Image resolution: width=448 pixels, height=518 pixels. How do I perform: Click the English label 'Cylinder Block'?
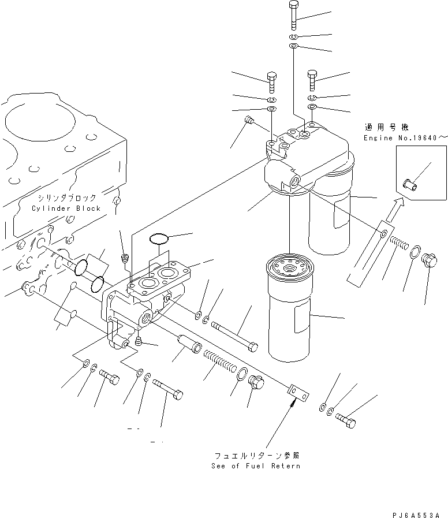[x=66, y=208]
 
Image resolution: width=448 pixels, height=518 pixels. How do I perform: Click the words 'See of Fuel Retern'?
[x=255, y=465]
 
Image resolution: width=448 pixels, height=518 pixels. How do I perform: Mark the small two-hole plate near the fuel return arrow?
[x=298, y=394]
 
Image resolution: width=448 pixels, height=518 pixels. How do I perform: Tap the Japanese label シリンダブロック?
[x=65, y=198]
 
